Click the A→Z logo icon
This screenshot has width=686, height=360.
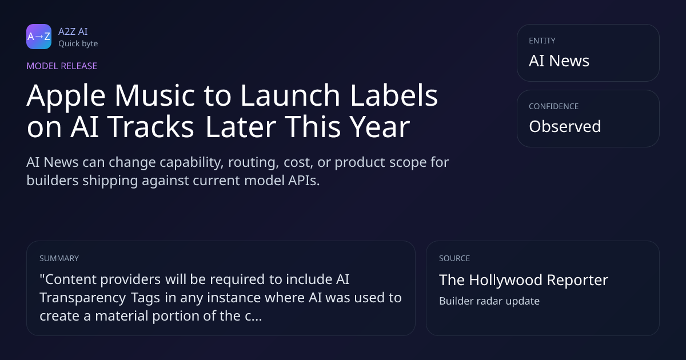pyautogui.click(x=39, y=37)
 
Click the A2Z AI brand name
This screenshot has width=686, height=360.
pyautogui.click(x=73, y=31)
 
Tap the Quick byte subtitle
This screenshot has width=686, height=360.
pyautogui.click(x=78, y=44)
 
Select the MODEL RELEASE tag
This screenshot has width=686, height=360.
pyautogui.click(x=62, y=66)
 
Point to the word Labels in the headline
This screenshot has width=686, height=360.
pyautogui.click(x=394, y=95)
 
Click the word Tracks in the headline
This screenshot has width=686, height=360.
pyautogui.click(x=150, y=126)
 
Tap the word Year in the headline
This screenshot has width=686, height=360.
pyautogui.click(x=380, y=126)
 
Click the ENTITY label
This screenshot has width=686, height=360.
pyautogui.click(x=542, y=41)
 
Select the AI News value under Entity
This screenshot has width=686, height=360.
pyautogui.click(x=559, y=61)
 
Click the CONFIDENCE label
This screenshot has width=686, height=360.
pyautogui.click(x=554, y=106)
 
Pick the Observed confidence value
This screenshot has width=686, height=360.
pyautogui.click(x=565, y=126)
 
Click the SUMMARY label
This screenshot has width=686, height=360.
pyautogui.click(x=59, y=258)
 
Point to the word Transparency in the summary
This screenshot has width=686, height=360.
pyautogui.click(x=83, y=298)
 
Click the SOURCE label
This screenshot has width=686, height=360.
pyautogui.click(x=454, y=258)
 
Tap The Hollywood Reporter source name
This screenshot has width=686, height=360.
pyautogui.click(x=524, y=280)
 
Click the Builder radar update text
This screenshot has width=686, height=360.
pyautogui.click(x=489, y=301)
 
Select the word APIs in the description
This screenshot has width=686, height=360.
pyautogui.click(x=304, y=181)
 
